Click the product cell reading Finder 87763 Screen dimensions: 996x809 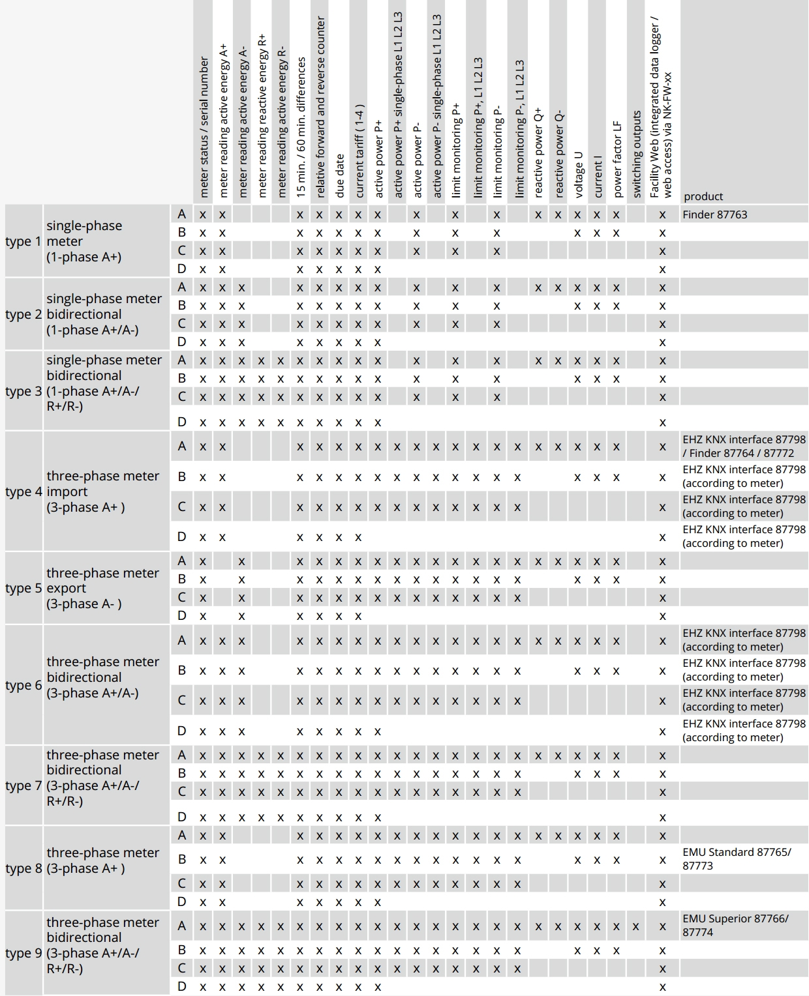point(714,214)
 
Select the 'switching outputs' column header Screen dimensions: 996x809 point(637,154)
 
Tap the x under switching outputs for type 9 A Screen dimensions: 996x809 point(636,926)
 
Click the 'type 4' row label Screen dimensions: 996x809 point(23,491)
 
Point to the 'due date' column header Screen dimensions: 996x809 point(339,176)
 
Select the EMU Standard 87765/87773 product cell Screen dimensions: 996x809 point(736,858)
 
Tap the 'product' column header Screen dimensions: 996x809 point(703,196)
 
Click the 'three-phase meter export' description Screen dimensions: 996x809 point(102,588)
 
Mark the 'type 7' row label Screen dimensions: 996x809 point(23,785)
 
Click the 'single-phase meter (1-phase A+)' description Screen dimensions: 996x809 point(84,241)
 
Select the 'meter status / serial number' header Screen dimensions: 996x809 point(204,127)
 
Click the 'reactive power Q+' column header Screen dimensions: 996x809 point(538,153)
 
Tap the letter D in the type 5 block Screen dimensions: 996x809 point(182,615)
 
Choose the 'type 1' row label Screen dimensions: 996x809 point(23,241)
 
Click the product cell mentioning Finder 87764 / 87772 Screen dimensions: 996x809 point(744,447)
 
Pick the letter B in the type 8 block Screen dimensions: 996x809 point(182,859)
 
